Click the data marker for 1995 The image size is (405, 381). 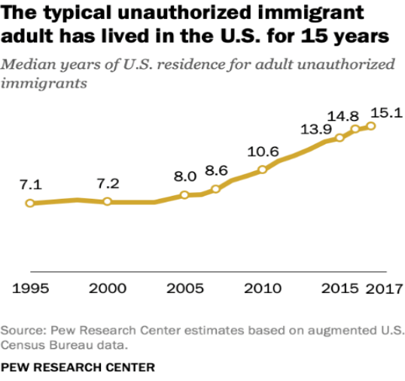pos(30,203)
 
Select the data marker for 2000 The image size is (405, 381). pos(108,202)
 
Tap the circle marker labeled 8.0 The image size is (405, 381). pos(184,195)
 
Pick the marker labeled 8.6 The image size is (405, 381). pos(215,189)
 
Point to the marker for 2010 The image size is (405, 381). pos(262,169)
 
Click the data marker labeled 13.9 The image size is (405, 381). pos(340,138)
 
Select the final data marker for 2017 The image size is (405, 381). pos(371,126)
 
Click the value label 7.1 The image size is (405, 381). pos(31,184)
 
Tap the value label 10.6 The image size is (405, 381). pos(263,151)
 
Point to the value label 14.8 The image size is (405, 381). pos(343,116)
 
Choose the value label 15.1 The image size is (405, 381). pos(387,113)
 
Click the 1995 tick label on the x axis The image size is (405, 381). pos(30,288)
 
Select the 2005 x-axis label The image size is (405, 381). pos(185,288)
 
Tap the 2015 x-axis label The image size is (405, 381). pos(340,288)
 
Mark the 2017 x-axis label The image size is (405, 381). pos(385,288)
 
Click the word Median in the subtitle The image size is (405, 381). pos(29,64)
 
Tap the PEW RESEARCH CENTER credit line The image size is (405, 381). pos(78,367)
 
